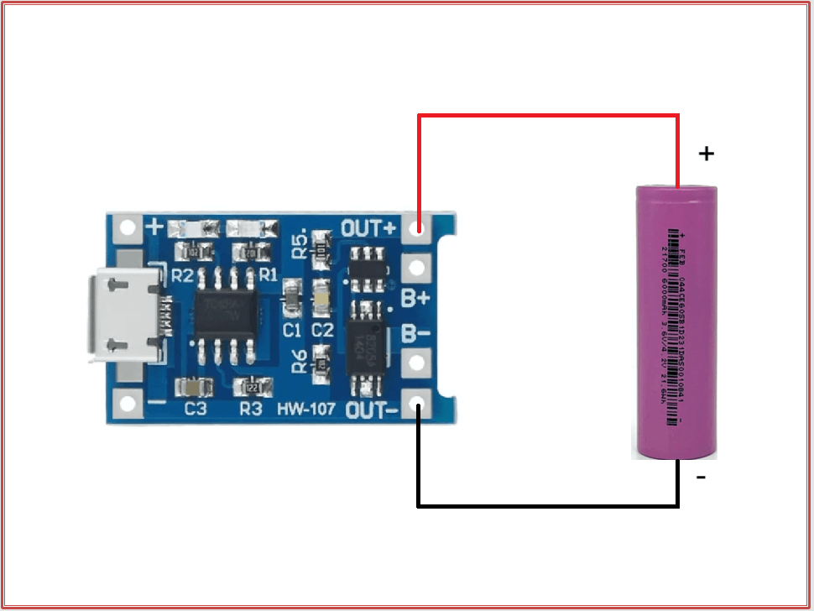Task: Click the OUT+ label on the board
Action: click(x=368, y=227)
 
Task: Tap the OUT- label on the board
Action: click(x=368, y=410)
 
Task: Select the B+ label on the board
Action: click(x=415, y=298)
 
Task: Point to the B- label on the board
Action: click(x=415, y=333)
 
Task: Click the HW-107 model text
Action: click(x=305, y=410)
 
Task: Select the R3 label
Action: click(x=250, y=410)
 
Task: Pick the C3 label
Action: click(x=196, y=410)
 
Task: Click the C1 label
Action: click(x=292, y=328)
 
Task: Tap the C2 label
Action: click(x=322, y=328)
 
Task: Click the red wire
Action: click(x=547, y=117)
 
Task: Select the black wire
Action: click(x=547, y=506)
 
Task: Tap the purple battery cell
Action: click(x=675, y=323)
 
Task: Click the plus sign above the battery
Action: click(x=707, y=154)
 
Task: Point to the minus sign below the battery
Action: click(x=701, y=478)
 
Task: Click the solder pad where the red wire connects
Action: click(x=417, y=227)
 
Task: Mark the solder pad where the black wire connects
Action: click(x=417, y=408)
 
